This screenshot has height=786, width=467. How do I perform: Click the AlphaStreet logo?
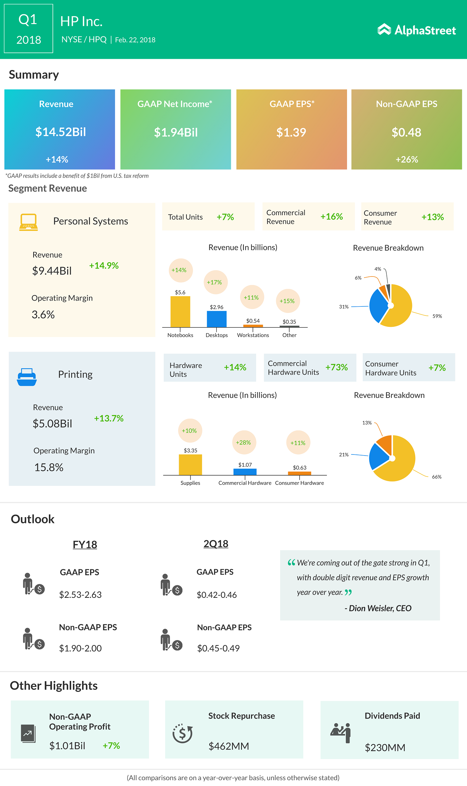tap(417, 30)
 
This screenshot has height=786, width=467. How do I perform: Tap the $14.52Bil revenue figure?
tap(61, 132)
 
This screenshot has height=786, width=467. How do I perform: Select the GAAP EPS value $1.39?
tap(291, 132)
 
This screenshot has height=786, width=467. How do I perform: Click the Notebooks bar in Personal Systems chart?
tap(180, 311)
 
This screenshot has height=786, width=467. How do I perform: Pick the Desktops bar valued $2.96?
tap(217, 319)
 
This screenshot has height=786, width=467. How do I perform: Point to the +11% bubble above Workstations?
tap(251, 298)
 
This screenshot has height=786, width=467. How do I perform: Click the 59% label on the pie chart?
tap(437, 316)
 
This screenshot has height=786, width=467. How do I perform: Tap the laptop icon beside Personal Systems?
tap(28, 222)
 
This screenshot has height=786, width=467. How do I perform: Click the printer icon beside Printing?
tap(27, 377)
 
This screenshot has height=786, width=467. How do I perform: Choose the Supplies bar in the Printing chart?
tap(190, 464)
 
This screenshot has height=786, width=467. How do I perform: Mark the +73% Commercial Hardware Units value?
tap(336, 367)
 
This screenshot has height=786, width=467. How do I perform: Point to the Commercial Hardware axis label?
tap(245, 483)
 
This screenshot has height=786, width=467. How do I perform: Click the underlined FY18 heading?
tap(85, 545)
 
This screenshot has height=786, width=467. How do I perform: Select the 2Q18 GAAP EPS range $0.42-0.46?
tap(217, 595)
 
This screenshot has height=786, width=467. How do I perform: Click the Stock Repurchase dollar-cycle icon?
tap(182, 733)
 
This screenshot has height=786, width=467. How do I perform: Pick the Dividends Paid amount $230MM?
tap(385, 748)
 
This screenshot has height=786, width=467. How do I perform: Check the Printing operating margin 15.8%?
tap(49, 467)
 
